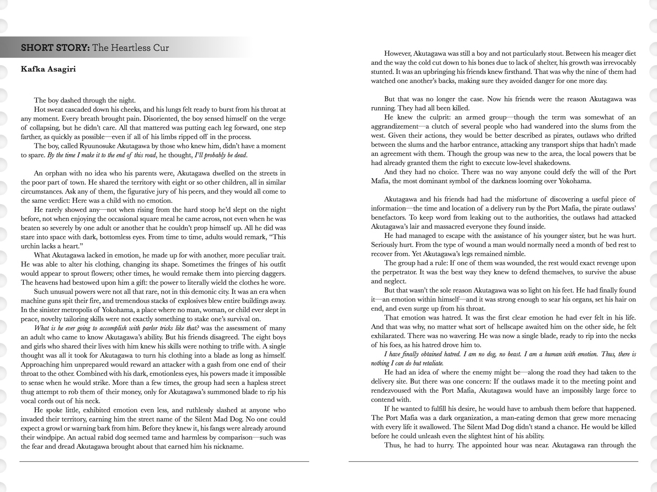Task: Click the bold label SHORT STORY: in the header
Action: [x=55, y=48]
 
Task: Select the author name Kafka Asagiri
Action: [x=48, y=69]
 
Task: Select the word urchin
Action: [x=30, y=246]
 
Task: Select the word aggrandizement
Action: [x=395, y=126]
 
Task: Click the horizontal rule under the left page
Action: [x=164, y=462]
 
